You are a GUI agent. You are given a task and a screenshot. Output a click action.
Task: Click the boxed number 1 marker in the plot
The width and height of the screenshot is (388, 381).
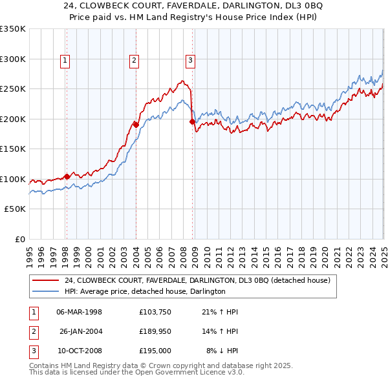coord(66,61)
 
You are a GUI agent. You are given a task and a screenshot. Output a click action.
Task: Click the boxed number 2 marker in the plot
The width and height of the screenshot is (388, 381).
coord(134,61)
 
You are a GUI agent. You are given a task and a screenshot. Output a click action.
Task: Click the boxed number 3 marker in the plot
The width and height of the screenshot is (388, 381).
coord(191,61)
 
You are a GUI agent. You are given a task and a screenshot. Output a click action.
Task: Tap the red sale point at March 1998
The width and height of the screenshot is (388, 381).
coord(67,176)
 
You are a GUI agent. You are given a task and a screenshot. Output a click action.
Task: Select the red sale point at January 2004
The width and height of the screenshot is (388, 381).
coord(136,124)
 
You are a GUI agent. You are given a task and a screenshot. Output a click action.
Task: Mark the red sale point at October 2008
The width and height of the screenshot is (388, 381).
coord(192,121)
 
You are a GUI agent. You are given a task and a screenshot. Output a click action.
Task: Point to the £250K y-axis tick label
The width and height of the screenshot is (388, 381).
coord(12,89)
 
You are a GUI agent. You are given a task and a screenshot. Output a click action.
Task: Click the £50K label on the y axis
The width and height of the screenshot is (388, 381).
coord(15,209)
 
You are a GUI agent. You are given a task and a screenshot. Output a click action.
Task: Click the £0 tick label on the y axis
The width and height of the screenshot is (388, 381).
coord(20,239)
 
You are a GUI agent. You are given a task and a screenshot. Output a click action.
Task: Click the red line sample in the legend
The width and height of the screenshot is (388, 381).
coord(45,280)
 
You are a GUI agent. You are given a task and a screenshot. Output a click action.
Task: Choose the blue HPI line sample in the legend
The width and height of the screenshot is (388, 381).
coord(45,292)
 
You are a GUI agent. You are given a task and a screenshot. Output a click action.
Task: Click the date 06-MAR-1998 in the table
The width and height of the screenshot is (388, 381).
coord(80,312)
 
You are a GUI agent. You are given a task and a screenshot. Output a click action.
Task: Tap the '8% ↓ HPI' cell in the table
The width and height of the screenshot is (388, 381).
coord(222,351)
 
